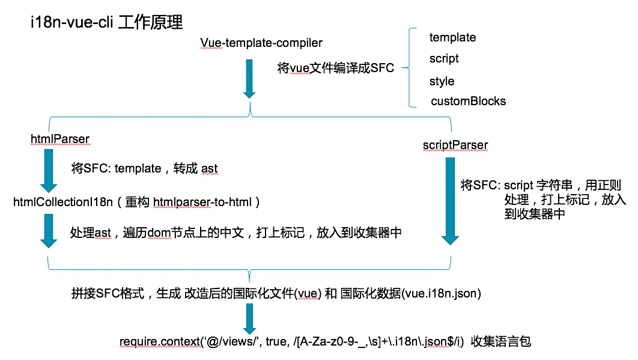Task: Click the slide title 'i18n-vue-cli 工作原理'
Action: (x=106, y=22)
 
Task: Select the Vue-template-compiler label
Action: (x=261, y=43)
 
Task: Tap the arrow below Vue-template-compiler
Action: (x=249, y=78)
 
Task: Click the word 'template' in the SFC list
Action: (x=452, y=37)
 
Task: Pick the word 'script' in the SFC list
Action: (x=444, y=58)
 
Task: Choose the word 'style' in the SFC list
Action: (x=442, y=81)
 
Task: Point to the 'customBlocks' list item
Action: (x=468, y=101)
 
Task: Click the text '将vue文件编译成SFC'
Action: (x=336, y=68)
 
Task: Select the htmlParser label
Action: (x=59, y=139)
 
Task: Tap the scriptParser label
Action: (x=455, y=145)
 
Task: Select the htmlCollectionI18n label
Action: (x=63, y=202)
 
